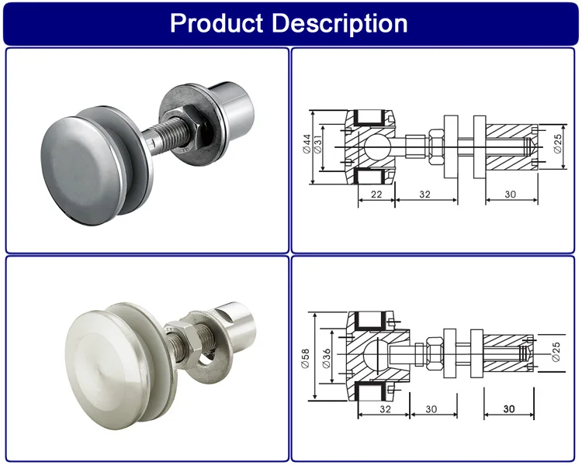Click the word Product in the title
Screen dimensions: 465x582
click(x=217, y=22)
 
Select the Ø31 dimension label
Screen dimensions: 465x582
click(x=319, y=143)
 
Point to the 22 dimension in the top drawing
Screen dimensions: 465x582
click(x=376, y=195)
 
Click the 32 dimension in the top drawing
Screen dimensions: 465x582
click(x=424, y=195)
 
